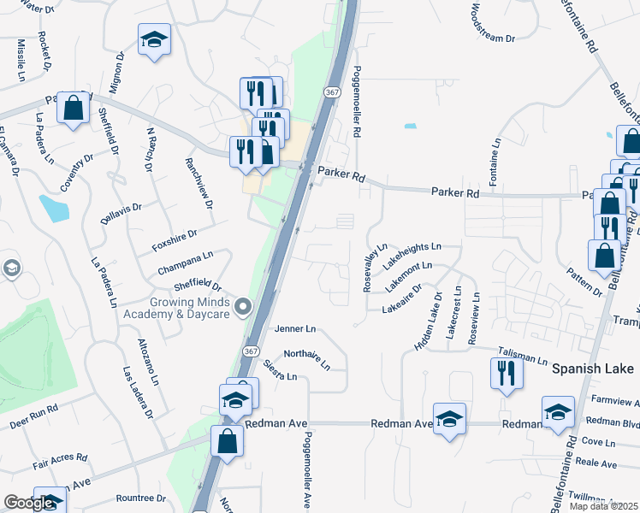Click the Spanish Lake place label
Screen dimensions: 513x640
(592, 369)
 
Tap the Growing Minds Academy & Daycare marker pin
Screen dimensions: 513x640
(243, 306)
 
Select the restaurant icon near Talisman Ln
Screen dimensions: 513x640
(507, 373)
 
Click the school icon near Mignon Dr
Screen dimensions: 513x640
(155, 39)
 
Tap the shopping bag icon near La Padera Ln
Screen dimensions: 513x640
(73, 108)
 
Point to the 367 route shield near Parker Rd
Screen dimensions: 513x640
(332, 91)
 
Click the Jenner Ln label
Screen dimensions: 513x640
(295, 328)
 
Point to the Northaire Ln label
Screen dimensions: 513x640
(306, 360)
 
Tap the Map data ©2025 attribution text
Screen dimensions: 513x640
(602, 506)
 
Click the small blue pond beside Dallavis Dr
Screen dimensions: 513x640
(53, 207)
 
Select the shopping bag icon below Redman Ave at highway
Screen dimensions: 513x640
(227, 441)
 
